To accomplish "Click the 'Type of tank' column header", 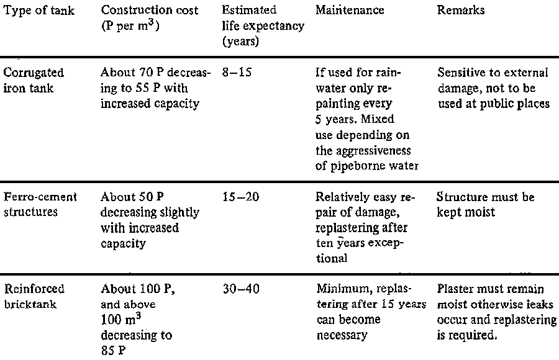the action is pyautogui.click(x=39, y=11).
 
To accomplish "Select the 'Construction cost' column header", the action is pyautogui.click(x=149, y=10).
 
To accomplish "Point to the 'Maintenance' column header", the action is pyautogui.click(x=350, y=10).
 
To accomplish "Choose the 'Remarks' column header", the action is pyautogui.click(x=461, y=10).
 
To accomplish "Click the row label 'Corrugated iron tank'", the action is pyautogui.click(x=34, y=80).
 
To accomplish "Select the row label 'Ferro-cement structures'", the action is pyautogui.click(x=40, y=204).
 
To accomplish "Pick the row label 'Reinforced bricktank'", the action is pyautogui.click(x=34, y=296).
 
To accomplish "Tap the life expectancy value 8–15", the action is pyautogui.click(x=237, y=73).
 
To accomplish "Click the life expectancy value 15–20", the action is pyautogui.click(x=240, y=197).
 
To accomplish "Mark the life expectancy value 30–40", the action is pyautogui.click(x=241, y=289).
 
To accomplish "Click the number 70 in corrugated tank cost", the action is pyautogui.click(x=146, y=73).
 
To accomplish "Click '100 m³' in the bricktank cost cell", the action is pyautogui.click(x=121, y=319).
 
